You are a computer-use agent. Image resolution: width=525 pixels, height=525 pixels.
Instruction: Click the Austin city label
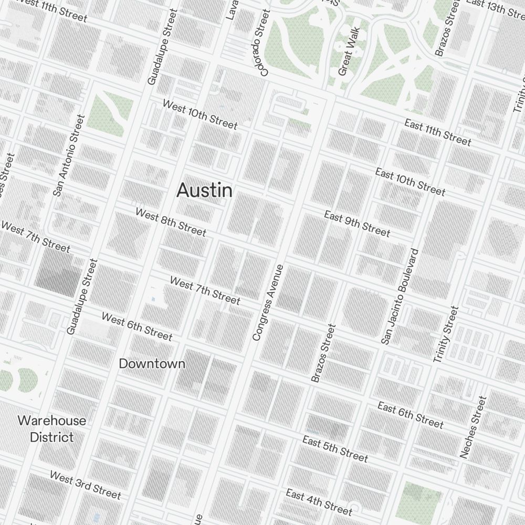205,190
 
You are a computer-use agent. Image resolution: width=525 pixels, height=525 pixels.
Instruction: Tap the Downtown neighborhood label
152,363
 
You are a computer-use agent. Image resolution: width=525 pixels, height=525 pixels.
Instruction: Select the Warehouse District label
52,429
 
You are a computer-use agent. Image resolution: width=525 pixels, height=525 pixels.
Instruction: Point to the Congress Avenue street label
268,302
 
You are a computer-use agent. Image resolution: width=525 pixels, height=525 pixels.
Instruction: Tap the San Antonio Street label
68,155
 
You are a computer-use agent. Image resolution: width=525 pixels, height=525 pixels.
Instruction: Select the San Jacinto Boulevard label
400,297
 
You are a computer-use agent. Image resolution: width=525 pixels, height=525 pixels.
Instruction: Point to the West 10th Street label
199,114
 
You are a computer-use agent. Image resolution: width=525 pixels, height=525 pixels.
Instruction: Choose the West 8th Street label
171,222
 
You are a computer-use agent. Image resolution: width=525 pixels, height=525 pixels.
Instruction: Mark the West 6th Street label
136,326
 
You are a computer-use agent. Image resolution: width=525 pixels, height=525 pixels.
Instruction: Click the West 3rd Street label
86,485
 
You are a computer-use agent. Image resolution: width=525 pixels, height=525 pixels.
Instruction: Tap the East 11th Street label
438,132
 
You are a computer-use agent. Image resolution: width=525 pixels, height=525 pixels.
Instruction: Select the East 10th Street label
410,182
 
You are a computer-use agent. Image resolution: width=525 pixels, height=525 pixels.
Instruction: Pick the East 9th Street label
357,223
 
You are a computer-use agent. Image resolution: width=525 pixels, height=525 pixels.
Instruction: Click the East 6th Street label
411,415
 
